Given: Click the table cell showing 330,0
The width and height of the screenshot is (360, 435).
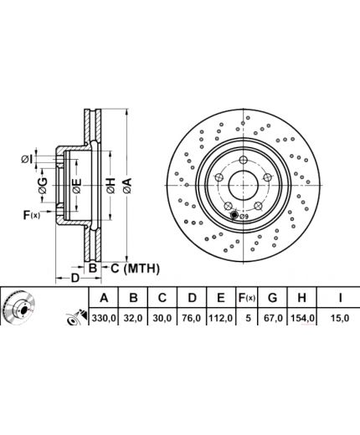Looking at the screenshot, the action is tap(104, 318).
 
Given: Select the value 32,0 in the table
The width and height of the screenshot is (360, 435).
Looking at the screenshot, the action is tap(134, 318).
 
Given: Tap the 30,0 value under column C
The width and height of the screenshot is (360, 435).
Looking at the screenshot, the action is tap(162, 318).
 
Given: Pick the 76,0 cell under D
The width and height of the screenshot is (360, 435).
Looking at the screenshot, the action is tap(192, 318).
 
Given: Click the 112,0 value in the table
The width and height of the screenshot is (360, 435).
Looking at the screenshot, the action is tap(221, 318).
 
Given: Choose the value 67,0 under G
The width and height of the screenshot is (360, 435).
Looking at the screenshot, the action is tap(273, 318).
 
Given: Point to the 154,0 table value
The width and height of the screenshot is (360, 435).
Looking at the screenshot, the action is tap(302, 318).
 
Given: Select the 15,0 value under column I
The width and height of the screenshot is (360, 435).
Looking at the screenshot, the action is tap(340, 318).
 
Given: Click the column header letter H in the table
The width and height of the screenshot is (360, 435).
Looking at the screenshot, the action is tap(301, 298).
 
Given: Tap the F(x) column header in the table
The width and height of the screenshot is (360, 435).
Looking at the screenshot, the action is tap(247, 298).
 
